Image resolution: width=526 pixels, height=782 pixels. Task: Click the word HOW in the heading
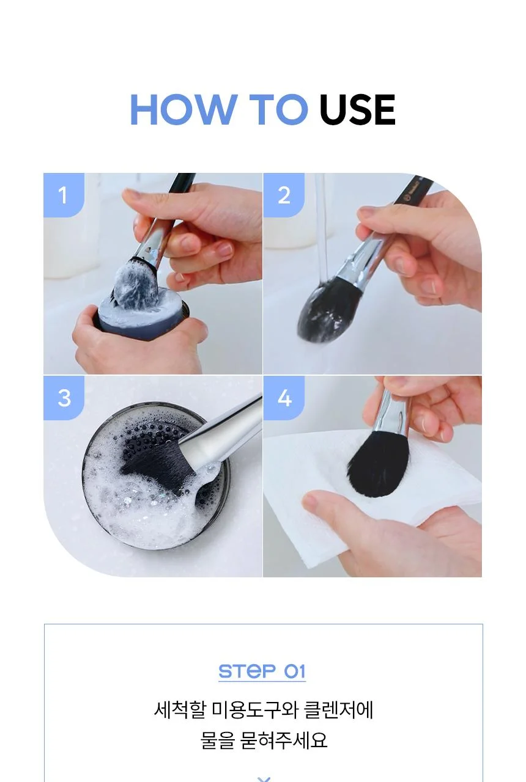tap(182, 109)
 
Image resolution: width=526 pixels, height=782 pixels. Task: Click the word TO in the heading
tap(278, 109)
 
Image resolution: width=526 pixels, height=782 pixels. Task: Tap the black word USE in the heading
tap(357, 109)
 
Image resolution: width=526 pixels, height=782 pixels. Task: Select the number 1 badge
tap(64, 195)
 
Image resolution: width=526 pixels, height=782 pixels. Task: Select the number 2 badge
tap(284, 195)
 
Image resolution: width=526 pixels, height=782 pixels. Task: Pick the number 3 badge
tap(64, 398)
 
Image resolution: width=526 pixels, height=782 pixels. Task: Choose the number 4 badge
tap(284, 398)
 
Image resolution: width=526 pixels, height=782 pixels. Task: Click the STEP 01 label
tap(262, 671)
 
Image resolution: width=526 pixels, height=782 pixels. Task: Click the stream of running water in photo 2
tap(322, 227)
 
